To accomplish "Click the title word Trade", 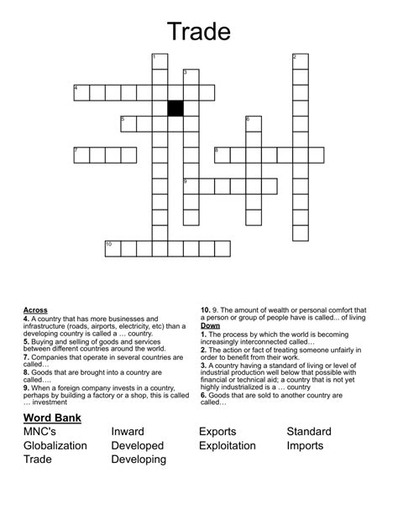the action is [x=199, y=31].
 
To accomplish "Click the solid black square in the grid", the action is [x=175, y=108].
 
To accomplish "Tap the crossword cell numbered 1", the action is [x=160, y=61].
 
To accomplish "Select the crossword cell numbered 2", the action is [x=301, y=61].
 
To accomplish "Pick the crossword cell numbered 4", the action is [x=81, y=92].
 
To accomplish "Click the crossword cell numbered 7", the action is [x=81, y=155].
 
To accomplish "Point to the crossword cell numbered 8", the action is [x=223, y=155].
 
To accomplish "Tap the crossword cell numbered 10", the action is [x=113, y=248].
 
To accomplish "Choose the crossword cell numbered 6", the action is [x=254, y=124].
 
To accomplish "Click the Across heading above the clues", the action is [x=35, y=310].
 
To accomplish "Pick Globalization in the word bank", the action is [x=55, y=445].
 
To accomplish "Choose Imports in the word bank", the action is [x=305, y=445].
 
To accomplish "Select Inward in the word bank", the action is [x=128, y=432].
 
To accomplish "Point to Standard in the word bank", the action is [x=309, y=432].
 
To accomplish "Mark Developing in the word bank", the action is [x=139, y=459].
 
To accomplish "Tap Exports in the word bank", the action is [x=217, y=432].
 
